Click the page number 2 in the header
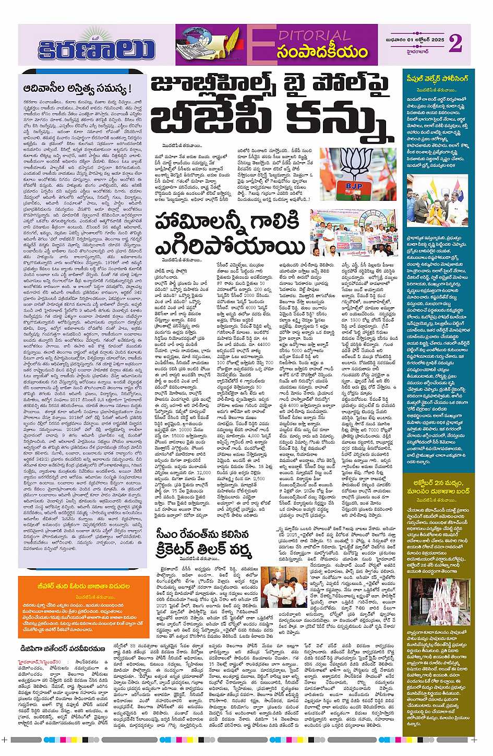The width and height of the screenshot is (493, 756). (x=455, y=45)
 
